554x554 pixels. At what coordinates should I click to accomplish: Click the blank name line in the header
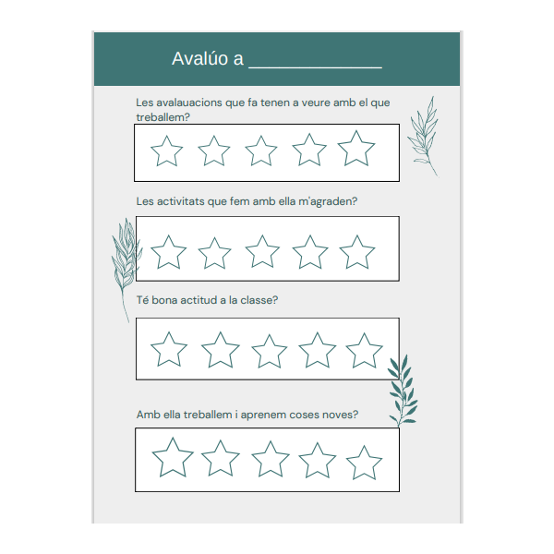[x=315, y=67]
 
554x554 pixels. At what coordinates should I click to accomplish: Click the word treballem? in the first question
[x=163, y=117]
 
